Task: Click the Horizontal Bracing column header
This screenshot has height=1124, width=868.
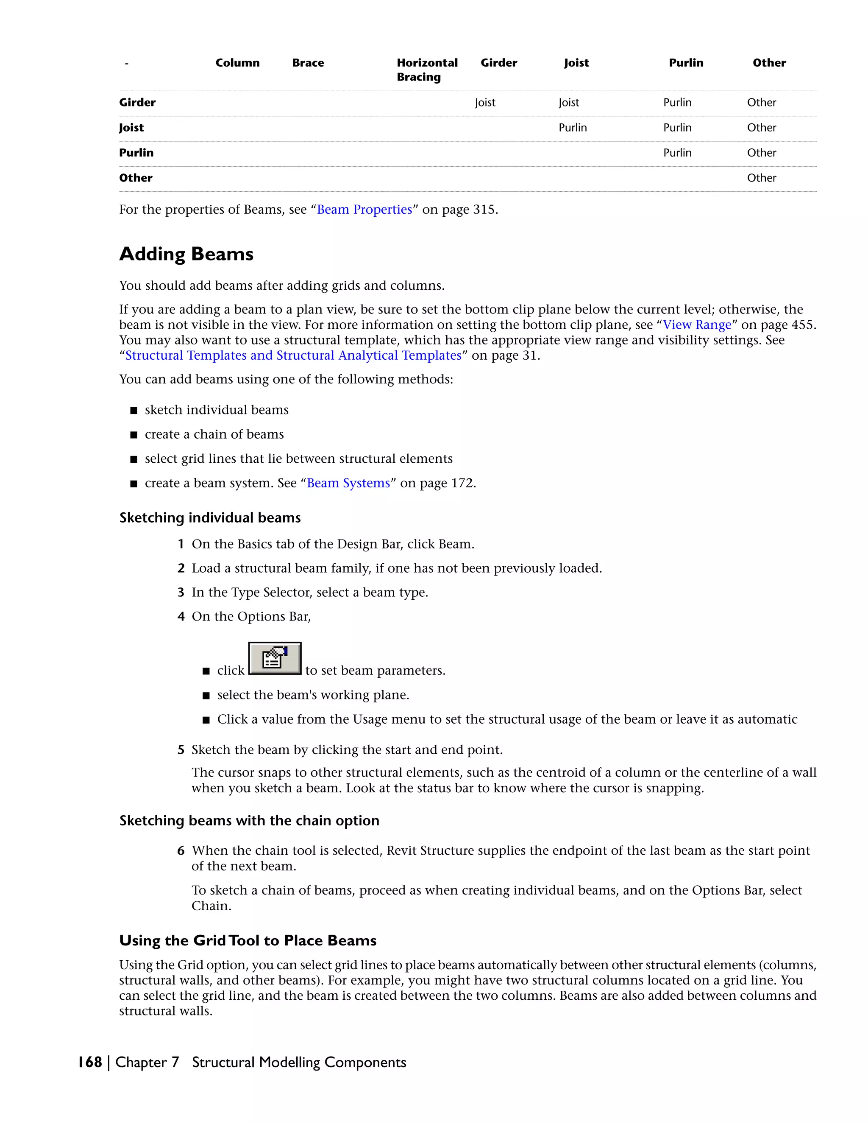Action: (427, 70)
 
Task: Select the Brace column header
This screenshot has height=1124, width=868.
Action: (308, 63)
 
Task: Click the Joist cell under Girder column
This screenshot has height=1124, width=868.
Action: (485, 102)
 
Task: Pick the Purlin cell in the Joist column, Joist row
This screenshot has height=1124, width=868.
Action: (572, 128)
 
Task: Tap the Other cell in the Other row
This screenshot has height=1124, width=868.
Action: (761, 178)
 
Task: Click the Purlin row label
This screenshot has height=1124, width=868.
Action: (136, 153)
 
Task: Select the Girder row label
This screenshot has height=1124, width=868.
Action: (137, 102)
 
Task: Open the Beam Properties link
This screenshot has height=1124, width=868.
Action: (364, 210)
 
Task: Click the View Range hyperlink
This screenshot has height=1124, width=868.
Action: (697, 325)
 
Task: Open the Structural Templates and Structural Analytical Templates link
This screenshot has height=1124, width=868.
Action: (293, 355)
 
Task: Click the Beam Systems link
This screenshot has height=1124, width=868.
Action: (348, 483)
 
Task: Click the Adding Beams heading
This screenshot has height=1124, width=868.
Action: (186, 254)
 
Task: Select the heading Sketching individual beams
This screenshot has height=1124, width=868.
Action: (210, 518)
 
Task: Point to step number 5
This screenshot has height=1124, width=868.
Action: (181, 750)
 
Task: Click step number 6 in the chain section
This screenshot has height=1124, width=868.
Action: (181, 851)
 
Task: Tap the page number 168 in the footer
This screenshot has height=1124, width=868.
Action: (90, 1062)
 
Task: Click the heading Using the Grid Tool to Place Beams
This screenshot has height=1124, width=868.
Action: (248, 941)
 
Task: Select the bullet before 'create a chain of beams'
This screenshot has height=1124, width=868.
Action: (134, 435)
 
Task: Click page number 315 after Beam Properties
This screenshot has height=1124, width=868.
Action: (484, 210)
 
